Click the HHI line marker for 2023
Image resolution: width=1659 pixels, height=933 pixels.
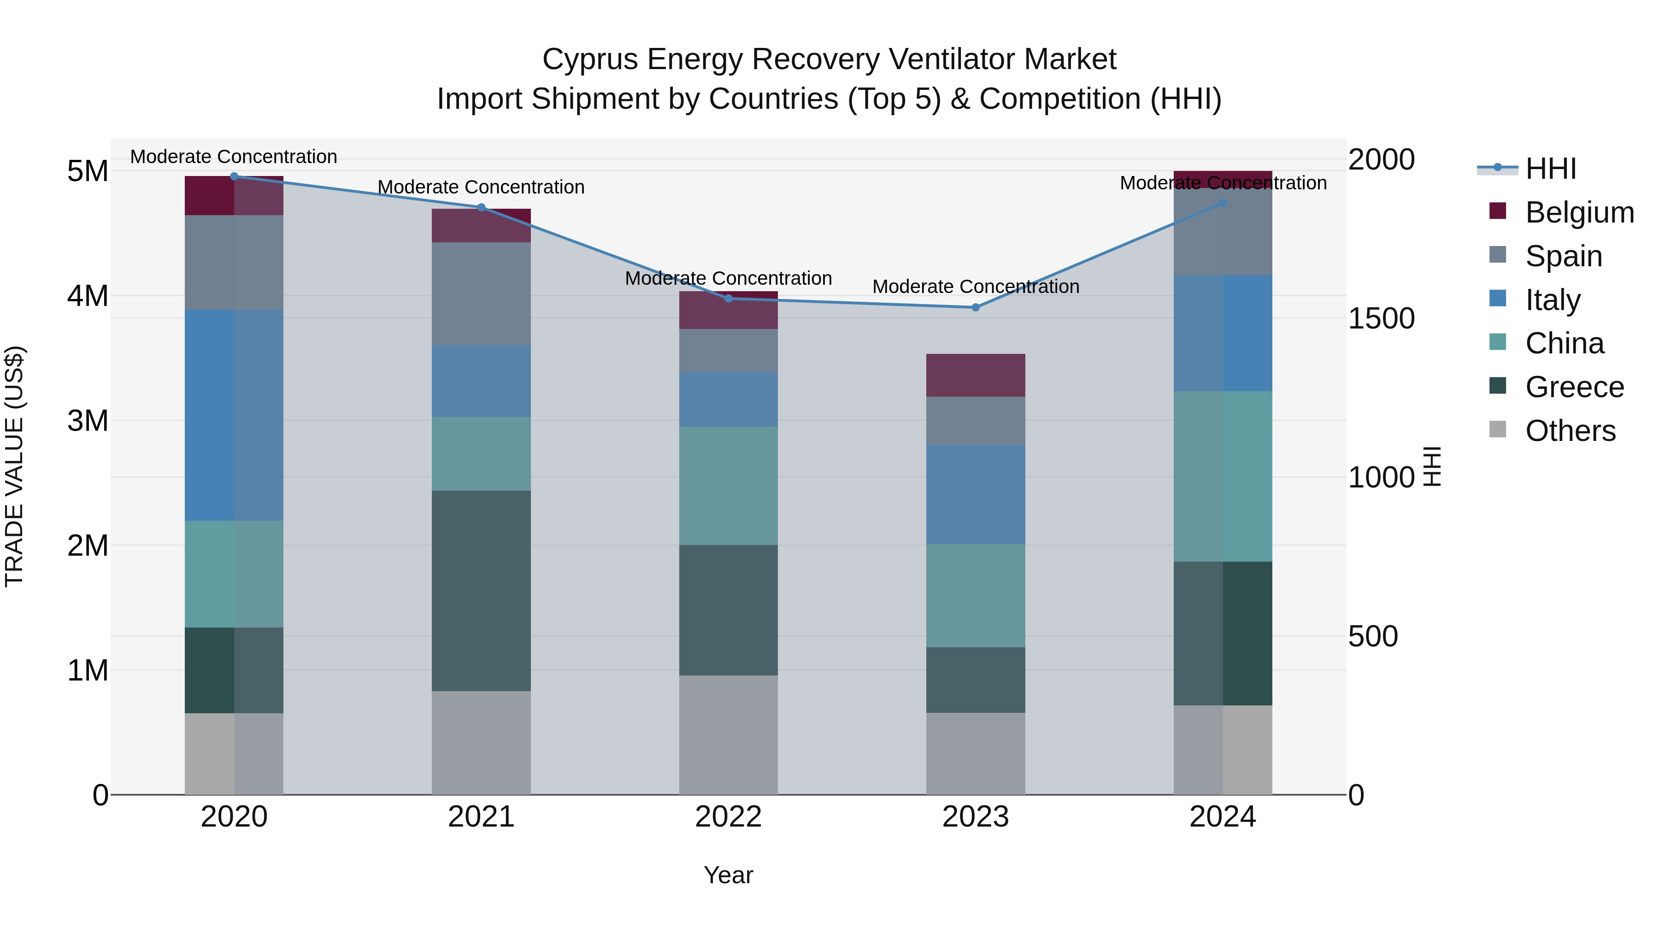pos(975,308)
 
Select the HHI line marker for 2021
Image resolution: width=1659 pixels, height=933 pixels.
pos(481,207)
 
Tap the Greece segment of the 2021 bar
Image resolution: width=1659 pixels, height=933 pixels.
pos(481,591)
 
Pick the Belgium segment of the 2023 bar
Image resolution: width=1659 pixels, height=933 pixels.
pos(975,376)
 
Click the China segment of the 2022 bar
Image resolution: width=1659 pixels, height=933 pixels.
pos(729,486)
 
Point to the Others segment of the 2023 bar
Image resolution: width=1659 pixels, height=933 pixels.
pos(975,753)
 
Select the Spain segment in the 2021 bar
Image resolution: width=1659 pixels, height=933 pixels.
pos(481,293)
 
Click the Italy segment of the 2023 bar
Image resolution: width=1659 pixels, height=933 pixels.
pos(975,494)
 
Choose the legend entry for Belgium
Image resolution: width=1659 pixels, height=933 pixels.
pos(1579,212)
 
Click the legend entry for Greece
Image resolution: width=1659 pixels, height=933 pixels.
pos(1574,387)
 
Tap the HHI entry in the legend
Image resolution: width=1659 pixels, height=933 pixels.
pos(1550,169)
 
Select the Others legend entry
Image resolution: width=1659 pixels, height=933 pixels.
pos(1570,431)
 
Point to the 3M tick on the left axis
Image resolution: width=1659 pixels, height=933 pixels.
pos(88,421)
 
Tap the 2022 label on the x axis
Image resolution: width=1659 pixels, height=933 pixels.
pos(729,817)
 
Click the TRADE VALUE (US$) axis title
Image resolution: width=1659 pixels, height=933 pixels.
pos(14,466)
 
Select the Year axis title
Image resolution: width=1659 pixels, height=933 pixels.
pos(729,875)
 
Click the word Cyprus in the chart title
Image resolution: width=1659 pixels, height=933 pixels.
pos(590,59)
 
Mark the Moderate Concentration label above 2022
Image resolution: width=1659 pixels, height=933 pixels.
pos(729,278)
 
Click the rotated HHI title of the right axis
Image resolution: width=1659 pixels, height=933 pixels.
pos(1432,466)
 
